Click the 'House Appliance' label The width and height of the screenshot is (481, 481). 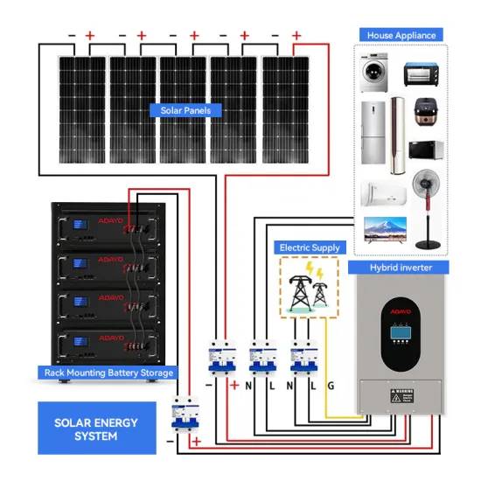click(401, 36)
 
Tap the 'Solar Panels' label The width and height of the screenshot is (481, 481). click(185, 110)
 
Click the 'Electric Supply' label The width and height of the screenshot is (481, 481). click(308, 247)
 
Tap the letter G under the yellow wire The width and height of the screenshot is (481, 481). click(331, 386)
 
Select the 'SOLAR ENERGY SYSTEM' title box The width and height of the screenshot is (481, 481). click(96, 429)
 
